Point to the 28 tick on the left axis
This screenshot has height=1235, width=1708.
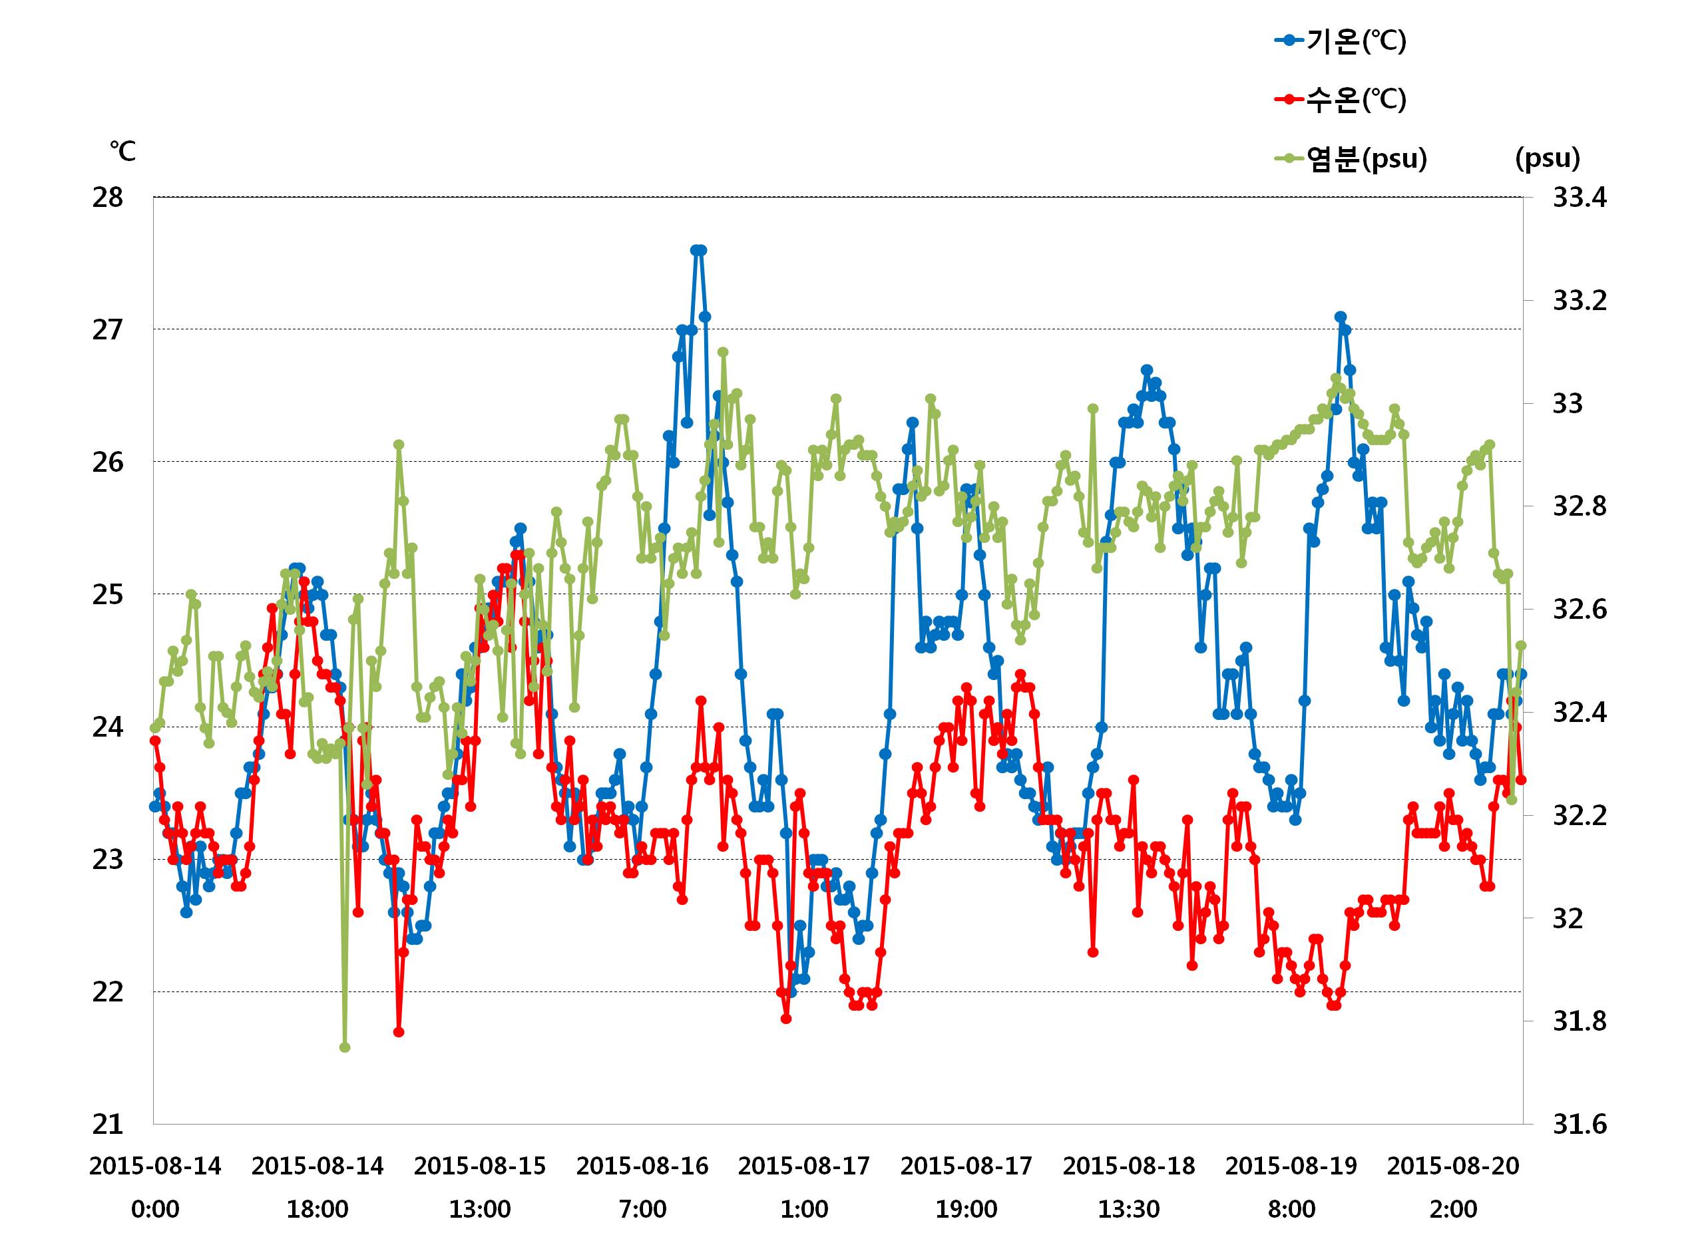click(x=108, y=198)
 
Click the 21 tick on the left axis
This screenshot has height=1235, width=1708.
click(x=108, y=1125)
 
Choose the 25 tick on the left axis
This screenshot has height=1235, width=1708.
click(x=108, y=595)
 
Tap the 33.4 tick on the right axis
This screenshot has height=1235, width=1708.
click(x=1580, y=198)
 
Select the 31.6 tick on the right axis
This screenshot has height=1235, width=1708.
click(x=1580, y=1125)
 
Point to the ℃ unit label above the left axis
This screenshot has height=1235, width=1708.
click(x=122, y=151)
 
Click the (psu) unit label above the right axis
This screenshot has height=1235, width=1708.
click(x=1548, y=158)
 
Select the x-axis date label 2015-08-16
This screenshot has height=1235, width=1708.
click(x=642, y=1166)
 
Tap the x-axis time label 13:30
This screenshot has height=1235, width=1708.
click(x=1128, y=1210)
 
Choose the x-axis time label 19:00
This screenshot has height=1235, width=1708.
click(x=966, y=1210)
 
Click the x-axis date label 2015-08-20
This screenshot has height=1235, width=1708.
click(x=1454, y=1166)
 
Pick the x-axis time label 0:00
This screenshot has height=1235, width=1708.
click(x=155, y=1210)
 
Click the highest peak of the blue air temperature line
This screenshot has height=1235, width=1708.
click(x=698, y=250)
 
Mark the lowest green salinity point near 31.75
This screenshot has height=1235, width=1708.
click(x=345, y=1047)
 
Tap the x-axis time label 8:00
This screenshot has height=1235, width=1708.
click(x=1291, y=1210)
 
